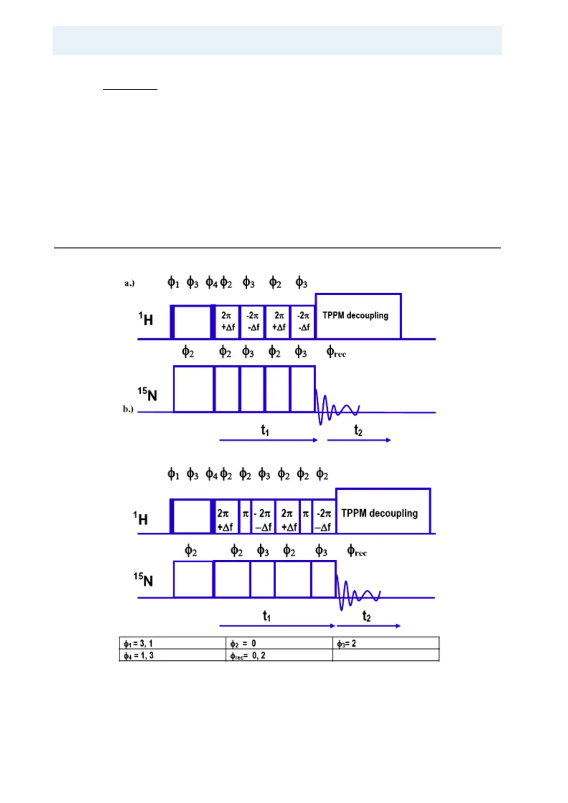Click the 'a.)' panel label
click(129, 283)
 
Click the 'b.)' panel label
click(128, 409)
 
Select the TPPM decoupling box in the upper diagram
click(358, 317)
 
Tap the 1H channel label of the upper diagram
click(146, 319)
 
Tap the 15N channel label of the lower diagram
click(143, 580)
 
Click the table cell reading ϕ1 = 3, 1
click(172, 643)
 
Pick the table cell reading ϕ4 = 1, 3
click(172, 655)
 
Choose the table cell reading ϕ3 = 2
click(386, 643)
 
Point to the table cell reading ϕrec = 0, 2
click(279, 655)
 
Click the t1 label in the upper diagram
click(265, 430)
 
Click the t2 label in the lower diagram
click(366, 616)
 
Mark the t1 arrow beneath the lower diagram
click(277, 626)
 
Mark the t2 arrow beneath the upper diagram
click(359, 440)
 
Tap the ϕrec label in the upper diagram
click(336, 353)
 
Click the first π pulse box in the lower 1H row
click(245, 516)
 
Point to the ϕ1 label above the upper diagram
click(173, 283)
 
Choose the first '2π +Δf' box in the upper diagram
click(227, 321)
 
